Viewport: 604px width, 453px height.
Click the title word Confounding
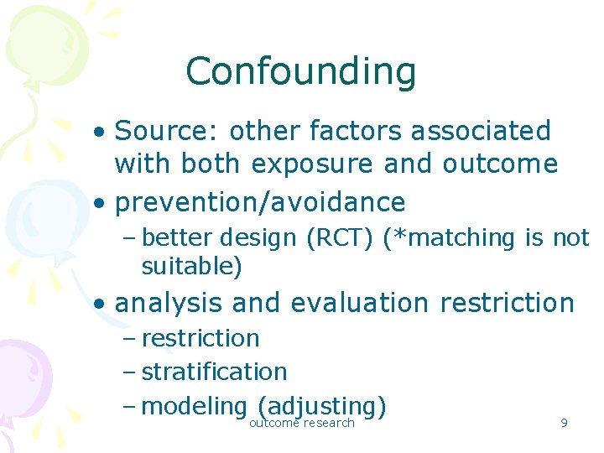click(x=300, y=71)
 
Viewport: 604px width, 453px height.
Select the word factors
click(x=350, y=131)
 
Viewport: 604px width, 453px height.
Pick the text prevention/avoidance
click(x=260, y=202)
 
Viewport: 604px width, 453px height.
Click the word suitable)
click(x=192, y=267)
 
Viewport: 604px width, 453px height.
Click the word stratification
click(x=215, y=372)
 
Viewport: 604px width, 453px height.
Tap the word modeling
click(x=193, y=407)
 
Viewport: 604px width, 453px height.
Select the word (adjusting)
click(x=322, y=406)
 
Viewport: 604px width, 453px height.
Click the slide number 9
click(x=564, y=424)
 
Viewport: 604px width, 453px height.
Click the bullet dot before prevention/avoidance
click(x=100, y=203)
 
